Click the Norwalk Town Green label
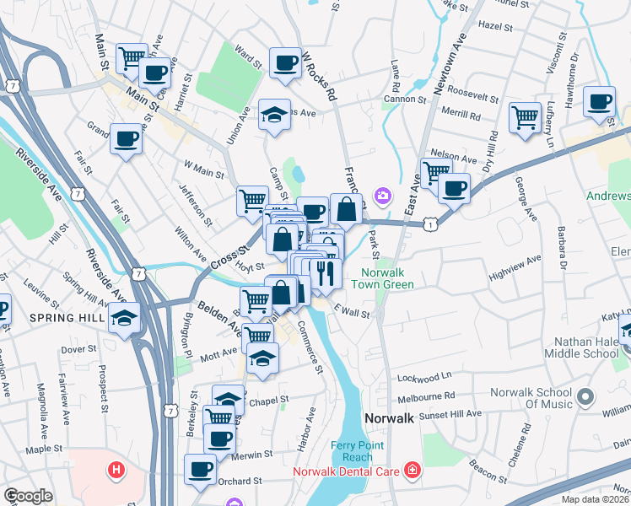pos(387,278)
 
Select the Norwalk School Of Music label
pos(533,398)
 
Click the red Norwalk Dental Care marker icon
pos(413,469)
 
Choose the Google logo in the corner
pos(29,496)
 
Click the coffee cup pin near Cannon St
pos(600,102)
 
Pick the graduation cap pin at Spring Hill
pos(124,318)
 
